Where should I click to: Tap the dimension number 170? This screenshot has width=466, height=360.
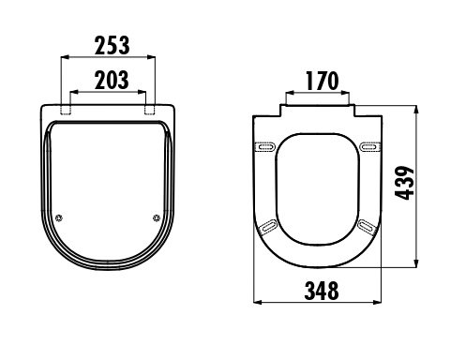point(319,81)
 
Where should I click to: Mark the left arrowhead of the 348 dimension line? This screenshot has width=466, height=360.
point(258,302)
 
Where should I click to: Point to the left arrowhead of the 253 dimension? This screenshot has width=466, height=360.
point(64,58)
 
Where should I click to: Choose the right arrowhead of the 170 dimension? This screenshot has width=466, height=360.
point(353,95)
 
